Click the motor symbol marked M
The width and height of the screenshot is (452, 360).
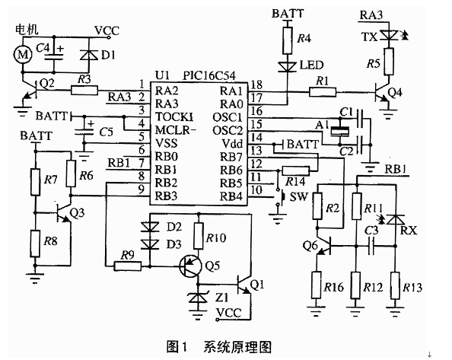tap(23, 54)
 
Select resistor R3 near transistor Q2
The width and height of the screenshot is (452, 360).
tap(84, 91)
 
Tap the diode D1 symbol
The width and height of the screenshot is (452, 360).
tap(89, 54)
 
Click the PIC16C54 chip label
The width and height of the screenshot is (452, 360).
tap(209, 75)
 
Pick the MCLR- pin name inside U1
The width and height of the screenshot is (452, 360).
tap(176, 131)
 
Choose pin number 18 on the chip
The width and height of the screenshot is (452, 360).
tap(256, 84)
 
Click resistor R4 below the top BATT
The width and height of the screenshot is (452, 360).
tap(287, 40)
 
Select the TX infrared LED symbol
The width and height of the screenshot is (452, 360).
tap(389, 35)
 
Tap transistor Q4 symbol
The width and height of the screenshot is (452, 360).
tap(382, 92)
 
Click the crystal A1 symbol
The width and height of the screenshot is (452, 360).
tap(340, 131)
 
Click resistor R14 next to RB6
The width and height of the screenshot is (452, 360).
tap(295, 171)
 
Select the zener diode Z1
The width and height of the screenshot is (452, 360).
tap(197, 298)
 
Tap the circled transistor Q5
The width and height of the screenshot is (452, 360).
tap(190, 266)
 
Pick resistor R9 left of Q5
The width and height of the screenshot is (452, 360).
tap(128, 266)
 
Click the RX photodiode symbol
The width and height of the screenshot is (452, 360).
tap(396, 220)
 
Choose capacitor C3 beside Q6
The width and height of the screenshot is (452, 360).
tap(371, 247)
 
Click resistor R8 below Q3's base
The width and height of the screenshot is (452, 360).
tap(35, 244)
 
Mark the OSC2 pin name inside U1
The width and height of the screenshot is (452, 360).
tap(228, 131)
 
